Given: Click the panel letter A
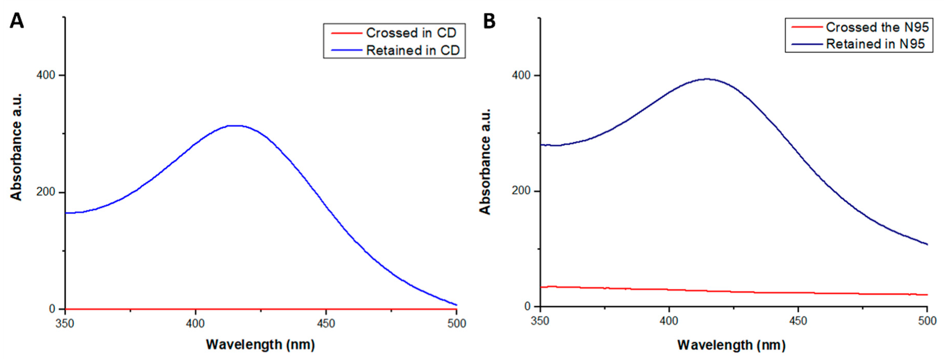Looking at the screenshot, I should point(16,21).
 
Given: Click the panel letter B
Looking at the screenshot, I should point(489,21).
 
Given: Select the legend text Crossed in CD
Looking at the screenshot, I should point(411,33).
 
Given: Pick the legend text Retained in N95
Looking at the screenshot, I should point(875,44).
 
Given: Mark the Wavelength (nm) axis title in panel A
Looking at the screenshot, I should point(260,345).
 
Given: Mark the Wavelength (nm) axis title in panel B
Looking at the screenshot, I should point(731,345).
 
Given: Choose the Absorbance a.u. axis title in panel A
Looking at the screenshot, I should point(16,147).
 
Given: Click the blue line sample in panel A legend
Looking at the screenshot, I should point(346,50).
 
